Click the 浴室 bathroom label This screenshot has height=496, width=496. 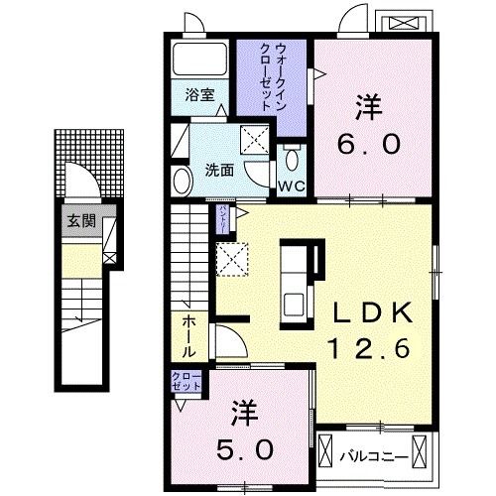[x=199, y=95]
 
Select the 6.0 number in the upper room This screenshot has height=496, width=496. [x=370, y=144]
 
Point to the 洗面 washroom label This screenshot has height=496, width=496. [x=219, y=170]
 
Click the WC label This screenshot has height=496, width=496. [x=290, y=186]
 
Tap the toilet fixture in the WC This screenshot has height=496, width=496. [x=291, y=161]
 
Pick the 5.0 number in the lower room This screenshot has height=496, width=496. [x=247, y=448]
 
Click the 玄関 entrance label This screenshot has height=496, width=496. [x=80, y=221]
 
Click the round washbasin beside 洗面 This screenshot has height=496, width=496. [x=183, y=180]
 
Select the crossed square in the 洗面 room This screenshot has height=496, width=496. [x=256, y=140]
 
